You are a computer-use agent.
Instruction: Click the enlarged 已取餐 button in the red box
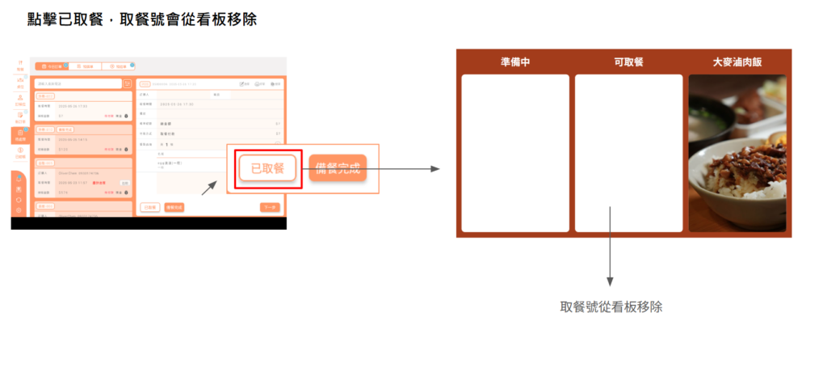(x=267, y=169)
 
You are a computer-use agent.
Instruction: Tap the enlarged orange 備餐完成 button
(x=338, y=169)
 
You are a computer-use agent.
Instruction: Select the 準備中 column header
(x=514, y=62)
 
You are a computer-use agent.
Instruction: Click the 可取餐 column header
(x=628, y=62)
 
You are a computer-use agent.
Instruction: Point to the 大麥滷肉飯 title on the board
(x=737, y=62)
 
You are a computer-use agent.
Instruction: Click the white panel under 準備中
(x=514, y=153)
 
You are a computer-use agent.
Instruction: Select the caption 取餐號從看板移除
(x=611, y=307)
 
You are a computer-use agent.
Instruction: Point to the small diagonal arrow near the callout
(x=209, y=188)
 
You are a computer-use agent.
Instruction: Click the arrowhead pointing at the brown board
(x=435, y=169)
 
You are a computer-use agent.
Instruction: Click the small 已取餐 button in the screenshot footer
(x=149, y=208)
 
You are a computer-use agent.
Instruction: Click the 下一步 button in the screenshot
(x=270, y=208)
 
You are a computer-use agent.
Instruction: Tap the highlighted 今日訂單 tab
(x=50, y=66)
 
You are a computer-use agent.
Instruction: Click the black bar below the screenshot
(x=149, y=222)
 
